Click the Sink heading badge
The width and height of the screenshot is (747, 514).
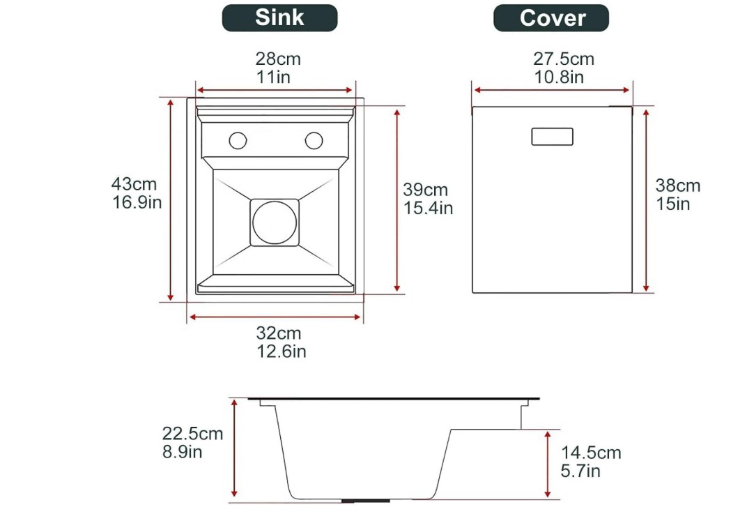click(279, 18)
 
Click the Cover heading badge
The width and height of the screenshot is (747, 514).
click(551, 18)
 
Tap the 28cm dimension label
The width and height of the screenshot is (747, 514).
click(277, 59)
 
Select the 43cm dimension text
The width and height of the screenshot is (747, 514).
click(134, 185)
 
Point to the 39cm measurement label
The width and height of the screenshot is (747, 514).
click(425, 190)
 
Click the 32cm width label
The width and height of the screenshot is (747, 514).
click(279, 333)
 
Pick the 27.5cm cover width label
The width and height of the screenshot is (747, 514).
click(564, 59)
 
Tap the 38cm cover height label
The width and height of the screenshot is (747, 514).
click(677, 186)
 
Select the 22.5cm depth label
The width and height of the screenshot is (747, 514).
click(193, 433)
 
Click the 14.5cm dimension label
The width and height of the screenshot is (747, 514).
click(591, 453)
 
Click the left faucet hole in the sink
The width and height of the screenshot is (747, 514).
click(238, 140)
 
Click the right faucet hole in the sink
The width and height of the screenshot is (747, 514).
click(314, 140)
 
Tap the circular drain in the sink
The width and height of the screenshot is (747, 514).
click(275, 222)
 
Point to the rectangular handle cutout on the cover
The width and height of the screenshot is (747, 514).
click(553, 137)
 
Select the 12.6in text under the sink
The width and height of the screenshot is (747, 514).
click(281, 352)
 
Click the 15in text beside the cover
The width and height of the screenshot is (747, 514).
click(672, 204)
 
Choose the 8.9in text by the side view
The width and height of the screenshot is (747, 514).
click(182, 451)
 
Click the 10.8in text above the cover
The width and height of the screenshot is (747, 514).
click(559, 77)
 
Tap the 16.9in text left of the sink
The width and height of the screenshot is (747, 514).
click(137, 203)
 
